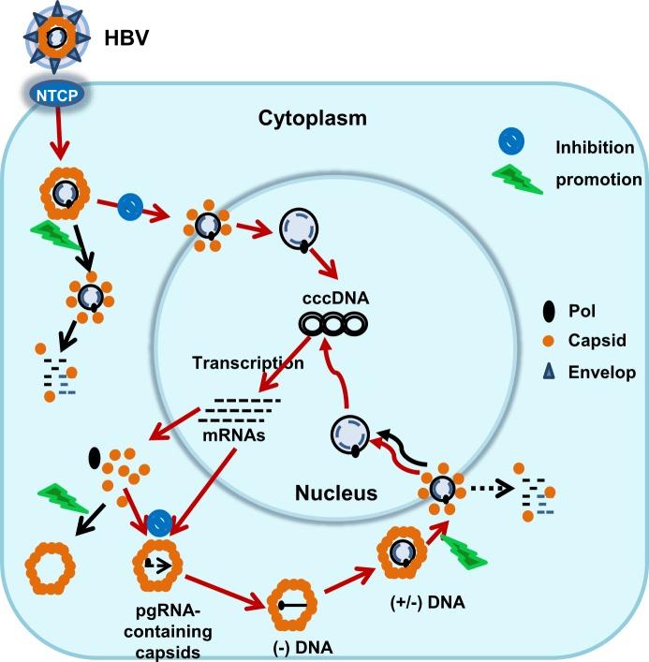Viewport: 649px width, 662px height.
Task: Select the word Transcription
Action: [247, 363]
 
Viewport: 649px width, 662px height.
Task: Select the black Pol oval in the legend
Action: [547, 308]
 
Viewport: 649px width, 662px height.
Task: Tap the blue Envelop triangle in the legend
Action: [547, 372]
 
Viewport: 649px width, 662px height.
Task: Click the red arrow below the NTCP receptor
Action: [59, 138]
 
